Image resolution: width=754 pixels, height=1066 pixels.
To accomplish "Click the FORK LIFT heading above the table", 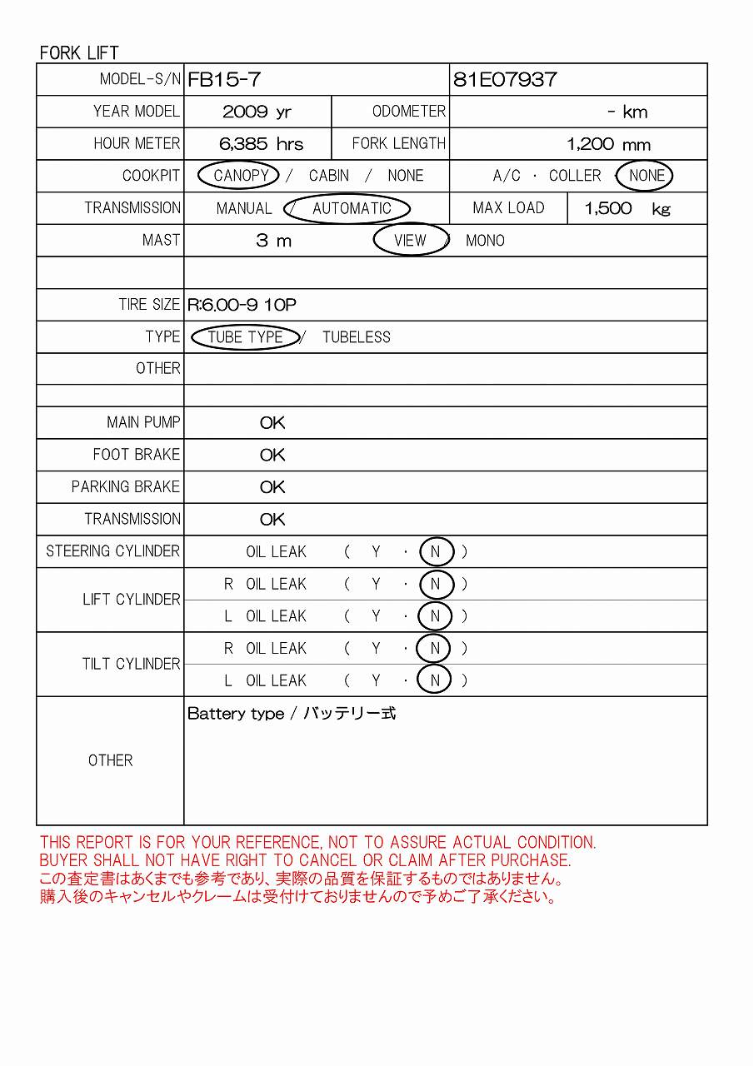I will pos(79,52).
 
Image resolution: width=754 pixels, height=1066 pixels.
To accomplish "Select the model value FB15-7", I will pos(224,80).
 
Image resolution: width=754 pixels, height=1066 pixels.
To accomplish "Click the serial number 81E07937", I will pos(505,80).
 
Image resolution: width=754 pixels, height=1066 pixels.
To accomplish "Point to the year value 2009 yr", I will pos(257,112).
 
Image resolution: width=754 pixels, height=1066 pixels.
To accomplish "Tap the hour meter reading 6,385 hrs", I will pos(261,144).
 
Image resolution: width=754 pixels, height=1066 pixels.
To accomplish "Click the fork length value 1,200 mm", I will pos(608,144).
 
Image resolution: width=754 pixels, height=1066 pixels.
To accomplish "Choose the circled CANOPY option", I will pos(240,176).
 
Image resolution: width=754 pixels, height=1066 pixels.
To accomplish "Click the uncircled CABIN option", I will pos(328,176).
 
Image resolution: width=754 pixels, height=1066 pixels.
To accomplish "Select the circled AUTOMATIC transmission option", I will pos(351,209).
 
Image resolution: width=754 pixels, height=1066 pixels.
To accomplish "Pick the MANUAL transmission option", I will pos(243,209).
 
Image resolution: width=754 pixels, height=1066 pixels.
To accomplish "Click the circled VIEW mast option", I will pos(410,241).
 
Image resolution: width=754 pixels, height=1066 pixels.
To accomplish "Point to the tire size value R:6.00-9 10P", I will pos(242,305).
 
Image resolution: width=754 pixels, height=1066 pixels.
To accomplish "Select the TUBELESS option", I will pos(356,337).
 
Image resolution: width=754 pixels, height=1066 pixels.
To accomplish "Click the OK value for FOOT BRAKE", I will pos(272,455).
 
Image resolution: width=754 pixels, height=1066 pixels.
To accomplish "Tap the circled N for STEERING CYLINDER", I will pos(435,551).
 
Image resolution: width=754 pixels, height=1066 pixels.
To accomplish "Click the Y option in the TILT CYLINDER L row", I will pos(376,680).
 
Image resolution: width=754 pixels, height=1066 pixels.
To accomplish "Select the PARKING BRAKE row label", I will pos(125,486).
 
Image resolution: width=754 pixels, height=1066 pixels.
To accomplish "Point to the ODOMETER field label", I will pos(408,112).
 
